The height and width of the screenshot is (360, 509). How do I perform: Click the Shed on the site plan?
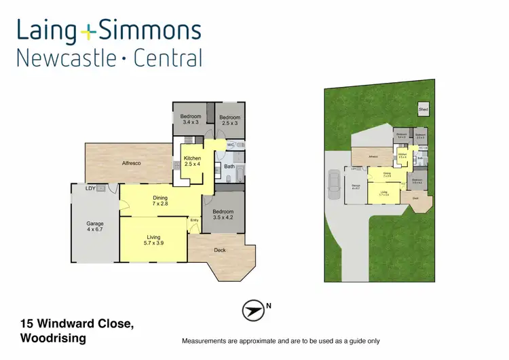coord(423,109)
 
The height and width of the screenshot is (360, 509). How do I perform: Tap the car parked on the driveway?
coord(334,184)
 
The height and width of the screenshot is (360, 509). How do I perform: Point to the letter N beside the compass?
coord(269,306)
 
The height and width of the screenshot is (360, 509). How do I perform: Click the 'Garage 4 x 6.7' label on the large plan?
coord(95,227)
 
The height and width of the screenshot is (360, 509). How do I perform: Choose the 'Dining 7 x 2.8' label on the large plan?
coord(159,201)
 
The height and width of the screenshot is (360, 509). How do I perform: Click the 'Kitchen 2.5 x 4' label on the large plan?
coord(193,161)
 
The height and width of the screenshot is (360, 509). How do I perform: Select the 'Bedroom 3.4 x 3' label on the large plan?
coord(191,120)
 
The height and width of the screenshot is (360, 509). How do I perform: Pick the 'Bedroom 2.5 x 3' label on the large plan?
coord(229,120)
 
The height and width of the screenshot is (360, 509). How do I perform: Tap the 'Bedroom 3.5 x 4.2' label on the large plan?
coord(223,215)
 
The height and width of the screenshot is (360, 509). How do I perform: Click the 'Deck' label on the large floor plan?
coord(219,250)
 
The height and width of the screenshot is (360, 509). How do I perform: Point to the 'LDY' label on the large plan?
coord(90,188)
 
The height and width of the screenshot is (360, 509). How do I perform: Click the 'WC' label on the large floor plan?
coord(230,145)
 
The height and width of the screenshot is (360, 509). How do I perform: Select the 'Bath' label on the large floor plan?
coord(229,166)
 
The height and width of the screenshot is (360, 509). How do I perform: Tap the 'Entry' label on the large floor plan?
coord(195,220)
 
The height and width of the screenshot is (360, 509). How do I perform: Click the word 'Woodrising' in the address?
coord(54,338)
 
